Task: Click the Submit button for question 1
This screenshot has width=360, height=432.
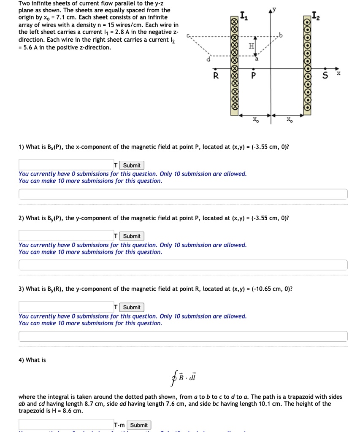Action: point(132,165)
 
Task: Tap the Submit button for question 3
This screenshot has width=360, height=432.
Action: point(132,307)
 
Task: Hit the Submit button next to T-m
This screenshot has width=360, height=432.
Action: point(139,425)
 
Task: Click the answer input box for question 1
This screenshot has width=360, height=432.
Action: point(66,165)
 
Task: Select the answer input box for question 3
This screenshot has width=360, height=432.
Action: point(66,307)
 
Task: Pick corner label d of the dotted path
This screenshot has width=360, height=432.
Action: point(208,59)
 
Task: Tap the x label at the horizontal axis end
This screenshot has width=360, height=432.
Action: point(338,73)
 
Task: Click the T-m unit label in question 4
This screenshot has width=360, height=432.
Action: point(119,425)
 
